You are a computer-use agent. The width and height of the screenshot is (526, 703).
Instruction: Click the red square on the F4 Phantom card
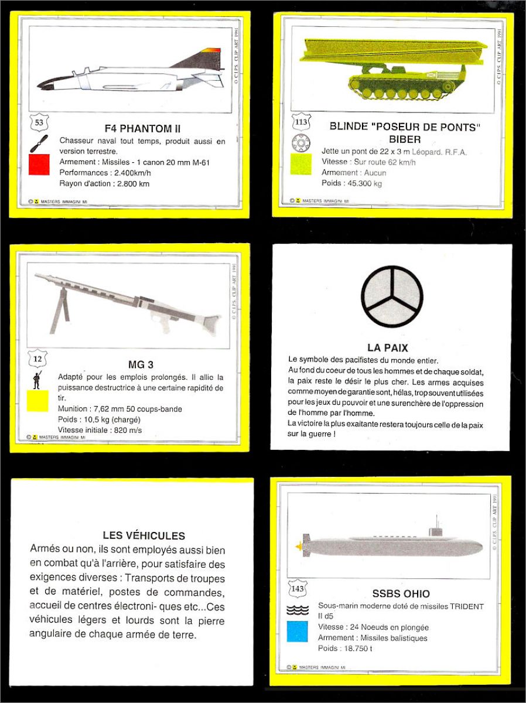(39, 165)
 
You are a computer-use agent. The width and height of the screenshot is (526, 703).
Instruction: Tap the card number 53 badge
(39, 123)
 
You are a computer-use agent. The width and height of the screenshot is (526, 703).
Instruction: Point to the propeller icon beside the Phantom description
(39, 144)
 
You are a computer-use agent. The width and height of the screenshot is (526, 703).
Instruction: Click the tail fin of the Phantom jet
(201, 59)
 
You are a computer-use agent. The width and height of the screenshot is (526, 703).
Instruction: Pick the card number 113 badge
(300, 123)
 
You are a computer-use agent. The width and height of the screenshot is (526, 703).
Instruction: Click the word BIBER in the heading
(405, 139)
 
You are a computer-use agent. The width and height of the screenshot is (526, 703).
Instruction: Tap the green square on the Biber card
(301, 165)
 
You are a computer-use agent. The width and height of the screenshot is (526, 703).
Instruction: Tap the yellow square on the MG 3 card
(38, 401)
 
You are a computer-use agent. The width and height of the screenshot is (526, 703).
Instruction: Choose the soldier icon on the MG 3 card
(37, 380)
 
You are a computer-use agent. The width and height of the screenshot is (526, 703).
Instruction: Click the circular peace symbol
(392, 296)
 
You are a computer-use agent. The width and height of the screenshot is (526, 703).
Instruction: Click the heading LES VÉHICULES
(144, 535)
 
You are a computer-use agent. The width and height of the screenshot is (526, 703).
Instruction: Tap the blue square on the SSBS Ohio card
(298, 631)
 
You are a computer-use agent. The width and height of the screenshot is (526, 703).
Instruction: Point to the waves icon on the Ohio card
(298, 610)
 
